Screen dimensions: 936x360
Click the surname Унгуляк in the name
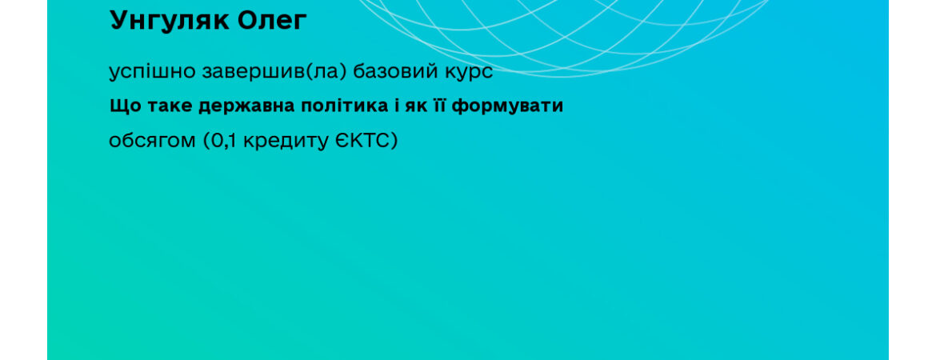point(170,22)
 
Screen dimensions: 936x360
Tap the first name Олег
point(272,20)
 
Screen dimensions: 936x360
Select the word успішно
point(152,72)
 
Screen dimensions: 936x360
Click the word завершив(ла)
point(274,72)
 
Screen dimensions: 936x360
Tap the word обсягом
point(152,142)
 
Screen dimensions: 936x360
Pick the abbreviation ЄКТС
point(362,141)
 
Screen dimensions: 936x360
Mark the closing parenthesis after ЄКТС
point(394,142)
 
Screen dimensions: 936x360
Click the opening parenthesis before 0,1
point(206,142)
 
